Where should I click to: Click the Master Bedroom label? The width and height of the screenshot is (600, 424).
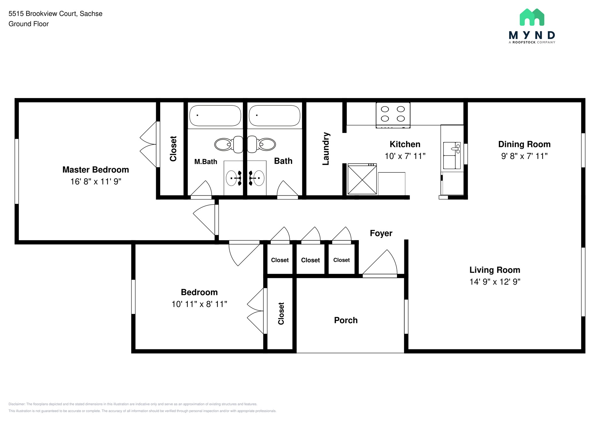[x=96, y=170]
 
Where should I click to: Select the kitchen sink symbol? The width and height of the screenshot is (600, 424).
[x=451, y=155]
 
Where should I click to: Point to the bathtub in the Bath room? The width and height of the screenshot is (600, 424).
[x=275, y=116]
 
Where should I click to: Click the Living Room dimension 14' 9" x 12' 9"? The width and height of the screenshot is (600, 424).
[x=495, y=282]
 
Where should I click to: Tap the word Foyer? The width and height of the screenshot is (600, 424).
[x=381, y=233]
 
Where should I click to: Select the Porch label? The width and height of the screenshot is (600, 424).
[x=346, y=320]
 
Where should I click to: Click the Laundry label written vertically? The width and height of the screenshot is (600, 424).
[x=326, y=149]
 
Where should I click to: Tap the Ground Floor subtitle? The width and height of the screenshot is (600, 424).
[x=28, y=24]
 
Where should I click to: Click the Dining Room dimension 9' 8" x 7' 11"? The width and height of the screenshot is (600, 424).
[x=524, y=156]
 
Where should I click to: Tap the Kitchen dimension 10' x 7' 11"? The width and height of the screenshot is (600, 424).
[x=405, y=156]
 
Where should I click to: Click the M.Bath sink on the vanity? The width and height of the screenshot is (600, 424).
[x=231, y=178]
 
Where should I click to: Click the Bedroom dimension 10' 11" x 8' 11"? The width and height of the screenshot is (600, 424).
[x=199, y=304]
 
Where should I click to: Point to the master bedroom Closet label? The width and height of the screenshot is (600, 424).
[x=173, y=149]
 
